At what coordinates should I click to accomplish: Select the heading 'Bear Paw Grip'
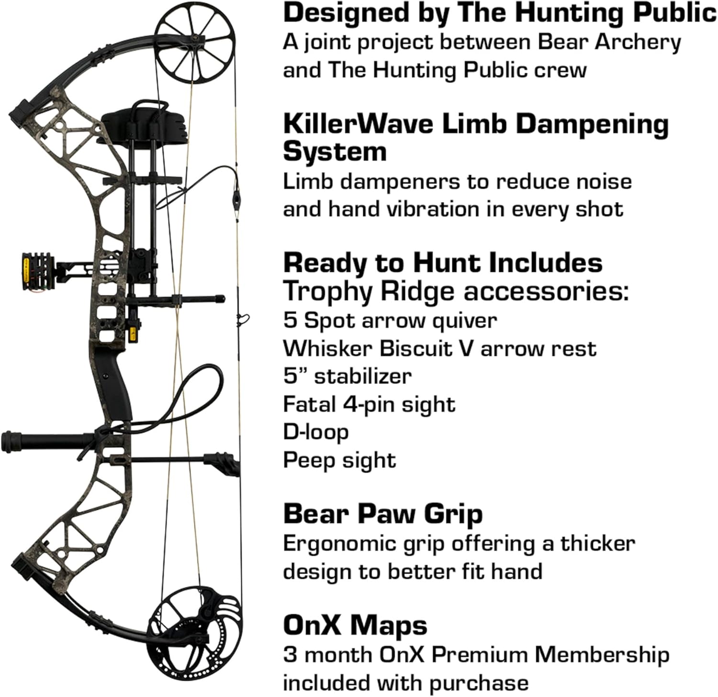(382, 514)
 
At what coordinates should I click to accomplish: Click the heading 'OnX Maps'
(355, 625)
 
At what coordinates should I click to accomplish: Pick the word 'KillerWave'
(359, 124)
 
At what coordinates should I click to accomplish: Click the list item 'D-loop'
(315, 432)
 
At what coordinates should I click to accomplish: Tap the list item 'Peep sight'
(339, 460)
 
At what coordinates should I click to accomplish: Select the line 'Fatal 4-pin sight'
(369, 404)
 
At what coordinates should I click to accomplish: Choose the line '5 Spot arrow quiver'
(390, 320)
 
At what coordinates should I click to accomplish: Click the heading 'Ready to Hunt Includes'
(443, 263)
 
